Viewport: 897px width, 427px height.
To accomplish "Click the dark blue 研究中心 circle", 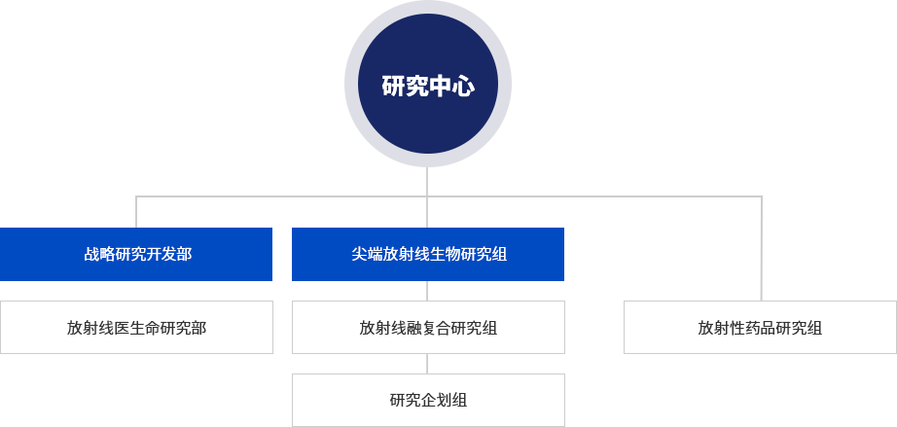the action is [428, 84].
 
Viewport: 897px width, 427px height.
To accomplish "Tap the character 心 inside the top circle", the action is [463, 87].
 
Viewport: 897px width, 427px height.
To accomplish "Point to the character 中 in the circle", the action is [440, 87].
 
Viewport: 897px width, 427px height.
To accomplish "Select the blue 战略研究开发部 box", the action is [136, 255].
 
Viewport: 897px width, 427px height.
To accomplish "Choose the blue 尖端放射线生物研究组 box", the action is [428, 255].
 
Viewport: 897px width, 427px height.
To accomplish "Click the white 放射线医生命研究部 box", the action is [136, 328].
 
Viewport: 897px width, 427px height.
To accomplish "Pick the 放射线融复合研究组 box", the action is [428, 328].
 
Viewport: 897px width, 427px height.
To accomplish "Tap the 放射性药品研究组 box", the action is [760, 328].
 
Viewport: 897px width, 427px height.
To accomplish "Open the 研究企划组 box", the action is [428, 400].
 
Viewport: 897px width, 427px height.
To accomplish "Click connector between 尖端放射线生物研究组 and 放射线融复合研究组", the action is [427, 291].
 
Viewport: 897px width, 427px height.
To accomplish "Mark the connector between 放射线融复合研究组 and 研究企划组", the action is [427, 364].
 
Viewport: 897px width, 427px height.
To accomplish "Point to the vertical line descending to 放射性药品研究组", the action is [762, 249].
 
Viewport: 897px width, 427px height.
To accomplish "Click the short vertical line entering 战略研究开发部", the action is [136, 212].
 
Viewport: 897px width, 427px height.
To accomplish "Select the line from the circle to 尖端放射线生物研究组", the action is [427, 197].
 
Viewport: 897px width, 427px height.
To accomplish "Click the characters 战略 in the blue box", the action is [99, 255].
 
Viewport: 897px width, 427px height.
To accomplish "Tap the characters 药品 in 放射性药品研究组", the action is [760, 328].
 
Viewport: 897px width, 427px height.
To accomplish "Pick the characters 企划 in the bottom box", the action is [428, 400].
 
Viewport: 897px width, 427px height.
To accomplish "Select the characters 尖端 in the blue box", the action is [367, 255].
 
